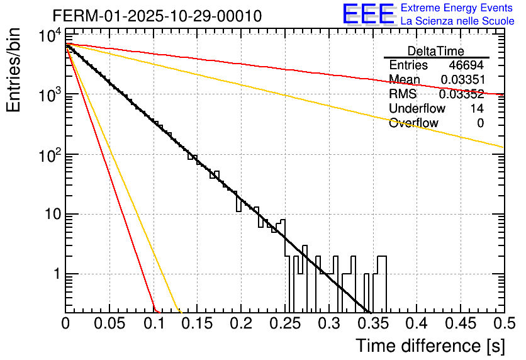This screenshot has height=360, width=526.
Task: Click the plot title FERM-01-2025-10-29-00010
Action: point(157,16)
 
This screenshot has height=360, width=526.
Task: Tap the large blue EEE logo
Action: point(368,14)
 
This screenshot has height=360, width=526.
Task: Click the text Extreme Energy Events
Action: point(457,8)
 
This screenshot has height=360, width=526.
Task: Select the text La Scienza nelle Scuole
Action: point(457,21)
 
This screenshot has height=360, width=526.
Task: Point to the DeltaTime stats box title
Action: point(436,51)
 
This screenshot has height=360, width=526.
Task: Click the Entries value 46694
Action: point(466,65)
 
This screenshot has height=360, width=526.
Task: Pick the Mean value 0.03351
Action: point(462,80)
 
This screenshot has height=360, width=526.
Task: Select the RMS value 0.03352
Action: point(462,94)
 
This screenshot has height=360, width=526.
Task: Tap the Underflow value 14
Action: point(477,108)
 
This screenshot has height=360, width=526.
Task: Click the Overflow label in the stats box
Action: point(413,123)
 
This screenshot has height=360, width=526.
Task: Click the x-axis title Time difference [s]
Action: point(430,346)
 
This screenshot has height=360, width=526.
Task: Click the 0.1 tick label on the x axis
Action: point(154,324)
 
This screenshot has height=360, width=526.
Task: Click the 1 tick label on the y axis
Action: point(55,275)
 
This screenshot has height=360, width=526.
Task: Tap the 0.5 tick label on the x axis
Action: point(501,324)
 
